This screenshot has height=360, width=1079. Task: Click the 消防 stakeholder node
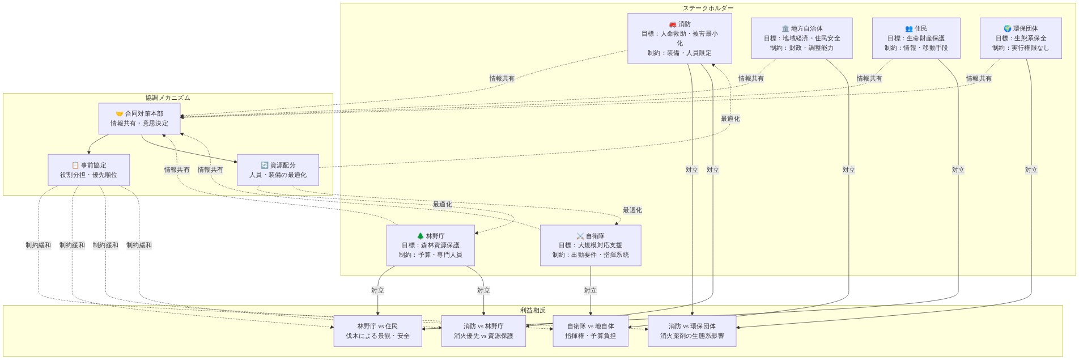679,39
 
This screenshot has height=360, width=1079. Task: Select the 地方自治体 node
801,38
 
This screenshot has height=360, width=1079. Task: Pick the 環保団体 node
1020,38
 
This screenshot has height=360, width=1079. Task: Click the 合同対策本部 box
139,118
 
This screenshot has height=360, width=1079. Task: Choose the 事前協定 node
88,170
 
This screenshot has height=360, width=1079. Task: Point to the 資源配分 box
278,170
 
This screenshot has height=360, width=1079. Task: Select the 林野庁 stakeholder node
430,245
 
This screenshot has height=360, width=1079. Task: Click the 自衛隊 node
590,245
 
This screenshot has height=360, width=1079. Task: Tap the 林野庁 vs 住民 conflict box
377,331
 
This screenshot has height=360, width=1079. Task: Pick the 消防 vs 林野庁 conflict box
483,331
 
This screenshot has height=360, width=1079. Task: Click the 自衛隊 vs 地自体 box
590,331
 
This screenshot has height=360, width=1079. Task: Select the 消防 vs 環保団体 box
691,331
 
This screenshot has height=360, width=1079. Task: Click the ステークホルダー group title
707,8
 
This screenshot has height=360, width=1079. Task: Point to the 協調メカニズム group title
168,98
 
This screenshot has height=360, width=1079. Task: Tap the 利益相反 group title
532,310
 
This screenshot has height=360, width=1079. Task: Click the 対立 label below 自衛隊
590,290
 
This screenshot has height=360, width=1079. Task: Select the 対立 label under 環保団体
1031,170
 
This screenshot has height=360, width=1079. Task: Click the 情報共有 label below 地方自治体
750,78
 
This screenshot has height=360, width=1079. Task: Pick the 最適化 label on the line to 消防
730,118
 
